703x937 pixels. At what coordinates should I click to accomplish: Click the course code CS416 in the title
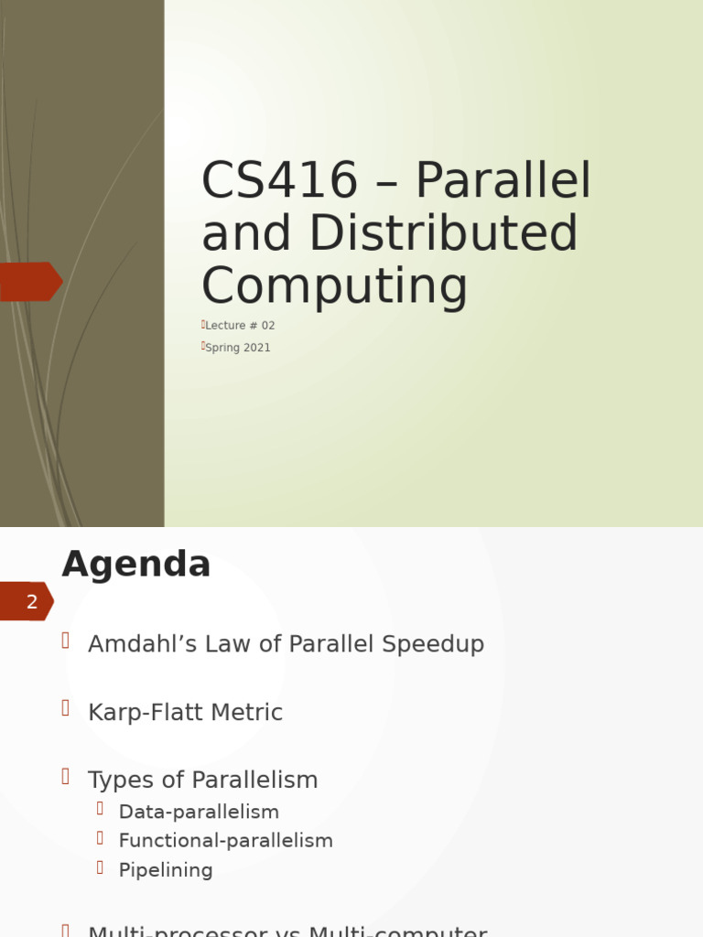pyautogui.click(x=279, y=181)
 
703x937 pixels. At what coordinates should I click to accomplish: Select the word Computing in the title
pyautogui.click(x=334, y=285)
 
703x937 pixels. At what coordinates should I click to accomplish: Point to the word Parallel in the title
pyautogui.click(x=503, y=181)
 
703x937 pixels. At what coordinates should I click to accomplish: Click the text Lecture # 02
pyautogui.click(x=240, y=326)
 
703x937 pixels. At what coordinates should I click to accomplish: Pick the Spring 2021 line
pyautogui.click(x=238, y=348)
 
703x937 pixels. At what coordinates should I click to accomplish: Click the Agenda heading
pyautogui.click(x=136, y=565)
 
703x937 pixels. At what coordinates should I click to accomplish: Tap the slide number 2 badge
pyautogui.click(x=31, y=602)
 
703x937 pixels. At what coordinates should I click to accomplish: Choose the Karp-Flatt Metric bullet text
pyautogui.click(x=185, y=713)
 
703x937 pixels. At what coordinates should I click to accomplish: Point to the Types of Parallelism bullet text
pyautogui.click(x=202, y=781)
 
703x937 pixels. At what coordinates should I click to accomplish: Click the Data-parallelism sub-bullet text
pyautogui.click(x=199, y=812)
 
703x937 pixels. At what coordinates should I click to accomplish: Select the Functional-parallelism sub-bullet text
pyautogui.click(x=225, y=841)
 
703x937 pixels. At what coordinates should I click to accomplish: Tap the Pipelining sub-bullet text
pyautogui.click(x=166, y=870)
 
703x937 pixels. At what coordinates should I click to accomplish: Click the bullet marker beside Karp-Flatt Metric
pyautogui.click(x=66, y=708)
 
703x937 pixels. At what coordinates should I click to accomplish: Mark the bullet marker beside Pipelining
pyautogui.click(x=101, y=867)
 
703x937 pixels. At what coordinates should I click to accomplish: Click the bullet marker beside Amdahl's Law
pyautogui.click(x=66, y=641)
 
